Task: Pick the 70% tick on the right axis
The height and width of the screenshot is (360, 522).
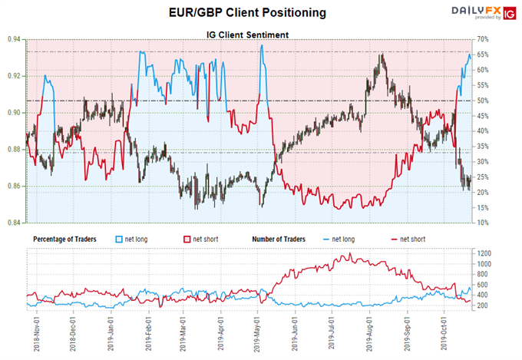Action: pyautogui.click(x=504, y=39)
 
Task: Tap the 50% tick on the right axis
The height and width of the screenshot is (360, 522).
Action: pyautogui.click(x=504, y=101)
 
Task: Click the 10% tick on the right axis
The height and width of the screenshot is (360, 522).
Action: pyautogui.click(x=504, y=223)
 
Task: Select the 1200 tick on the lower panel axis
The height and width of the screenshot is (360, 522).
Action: pyautogui.click(x=504, y=253)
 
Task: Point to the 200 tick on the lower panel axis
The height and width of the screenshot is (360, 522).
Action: pyautogui.click(x=504, y=306)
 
